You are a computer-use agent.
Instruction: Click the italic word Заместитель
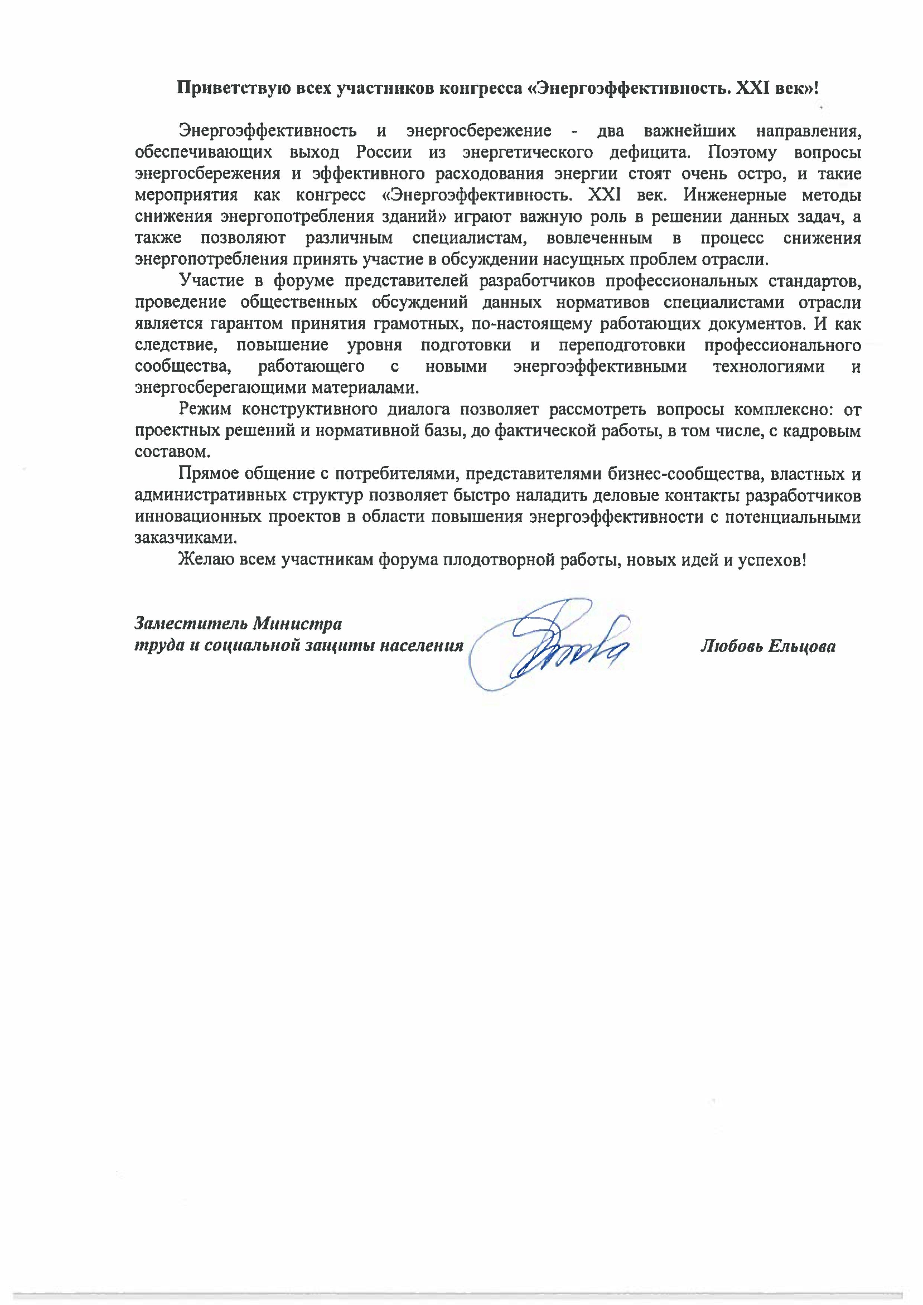191,624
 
